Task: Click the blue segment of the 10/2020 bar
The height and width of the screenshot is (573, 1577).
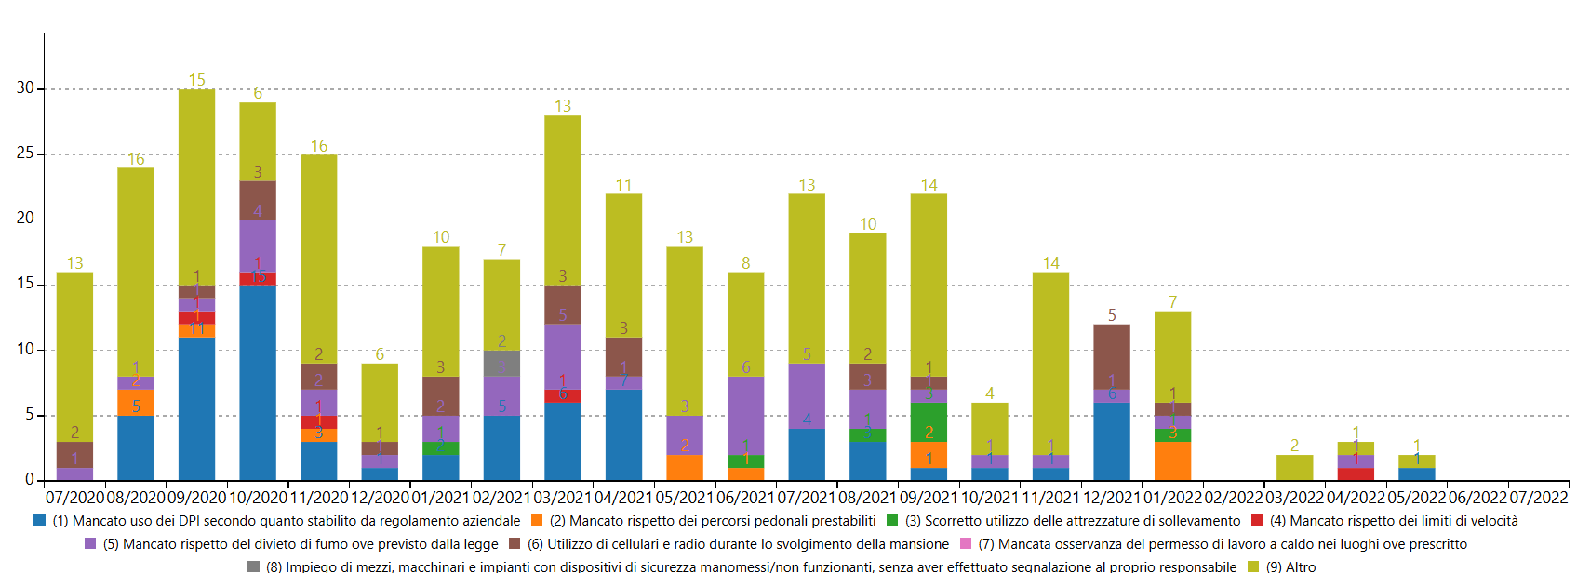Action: tap(258, 382)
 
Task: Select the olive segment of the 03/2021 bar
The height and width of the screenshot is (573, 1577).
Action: tap(563, 200)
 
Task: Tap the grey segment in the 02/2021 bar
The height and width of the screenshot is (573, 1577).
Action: tap(501, 364)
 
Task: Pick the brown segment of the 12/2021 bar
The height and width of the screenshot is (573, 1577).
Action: tap(1112, 357)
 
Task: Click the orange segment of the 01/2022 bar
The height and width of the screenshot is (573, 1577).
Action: tap(1172, 460)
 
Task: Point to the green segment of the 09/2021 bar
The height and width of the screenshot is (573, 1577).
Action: tap(929, 422)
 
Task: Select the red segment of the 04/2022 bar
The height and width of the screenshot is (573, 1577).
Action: tap(1356, 473)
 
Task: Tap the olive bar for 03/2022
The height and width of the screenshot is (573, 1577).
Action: tap(1294, 467)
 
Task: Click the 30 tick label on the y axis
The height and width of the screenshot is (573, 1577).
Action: tap(25, 87)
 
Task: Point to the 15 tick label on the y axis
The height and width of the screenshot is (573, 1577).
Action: tap(25, 284)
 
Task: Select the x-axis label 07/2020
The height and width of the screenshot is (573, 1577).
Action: tap(74, 498)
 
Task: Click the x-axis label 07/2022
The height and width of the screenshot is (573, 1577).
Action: tap(1538, 498)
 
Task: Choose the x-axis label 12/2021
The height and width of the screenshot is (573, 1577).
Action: tap(1112, 498)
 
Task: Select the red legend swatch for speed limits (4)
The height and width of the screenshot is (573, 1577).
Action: tap(1258, 521)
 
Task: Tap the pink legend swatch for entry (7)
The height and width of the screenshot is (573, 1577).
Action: tap(965, 544)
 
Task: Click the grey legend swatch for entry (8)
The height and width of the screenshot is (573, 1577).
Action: tap(253, 566)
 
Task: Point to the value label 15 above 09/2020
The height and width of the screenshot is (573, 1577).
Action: tap(196, 80)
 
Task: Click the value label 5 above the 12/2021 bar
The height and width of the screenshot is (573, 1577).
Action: tap(1112, 315)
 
